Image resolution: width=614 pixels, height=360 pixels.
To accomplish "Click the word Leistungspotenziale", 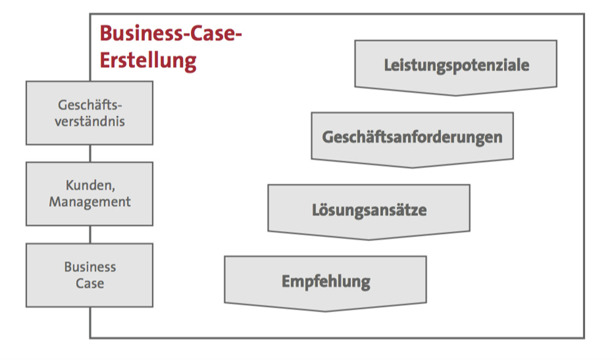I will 456,65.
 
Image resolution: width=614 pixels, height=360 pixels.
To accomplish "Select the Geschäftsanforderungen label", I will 412,136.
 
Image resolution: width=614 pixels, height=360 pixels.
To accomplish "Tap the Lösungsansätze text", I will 369,210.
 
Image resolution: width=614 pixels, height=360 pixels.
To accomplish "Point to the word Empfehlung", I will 326,281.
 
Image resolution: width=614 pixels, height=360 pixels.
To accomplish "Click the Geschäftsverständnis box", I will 90,113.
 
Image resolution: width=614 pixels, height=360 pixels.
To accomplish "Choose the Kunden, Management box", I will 90,194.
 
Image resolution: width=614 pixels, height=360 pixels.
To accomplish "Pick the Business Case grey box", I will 90,275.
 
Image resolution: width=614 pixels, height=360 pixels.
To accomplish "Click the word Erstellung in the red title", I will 148,60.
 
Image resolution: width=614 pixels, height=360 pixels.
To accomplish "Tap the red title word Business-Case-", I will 170,33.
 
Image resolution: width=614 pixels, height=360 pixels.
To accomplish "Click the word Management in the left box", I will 90,202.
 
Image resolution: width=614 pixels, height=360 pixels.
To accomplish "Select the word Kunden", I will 90,186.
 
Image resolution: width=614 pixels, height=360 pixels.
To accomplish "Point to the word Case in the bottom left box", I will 90,284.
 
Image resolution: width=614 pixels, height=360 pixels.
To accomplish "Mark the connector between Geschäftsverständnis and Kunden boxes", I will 90,153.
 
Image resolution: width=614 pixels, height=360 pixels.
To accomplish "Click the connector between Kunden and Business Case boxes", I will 90,234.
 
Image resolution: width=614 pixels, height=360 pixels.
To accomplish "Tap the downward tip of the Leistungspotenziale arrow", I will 456,95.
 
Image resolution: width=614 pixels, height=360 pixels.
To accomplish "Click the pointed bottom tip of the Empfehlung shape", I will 325,311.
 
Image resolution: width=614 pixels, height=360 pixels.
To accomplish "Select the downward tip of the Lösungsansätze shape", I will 369,239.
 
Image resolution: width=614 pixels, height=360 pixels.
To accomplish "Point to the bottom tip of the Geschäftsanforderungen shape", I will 412,166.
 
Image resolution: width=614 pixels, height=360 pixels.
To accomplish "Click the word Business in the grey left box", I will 90,267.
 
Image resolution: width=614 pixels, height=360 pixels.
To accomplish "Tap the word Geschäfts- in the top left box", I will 90,104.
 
